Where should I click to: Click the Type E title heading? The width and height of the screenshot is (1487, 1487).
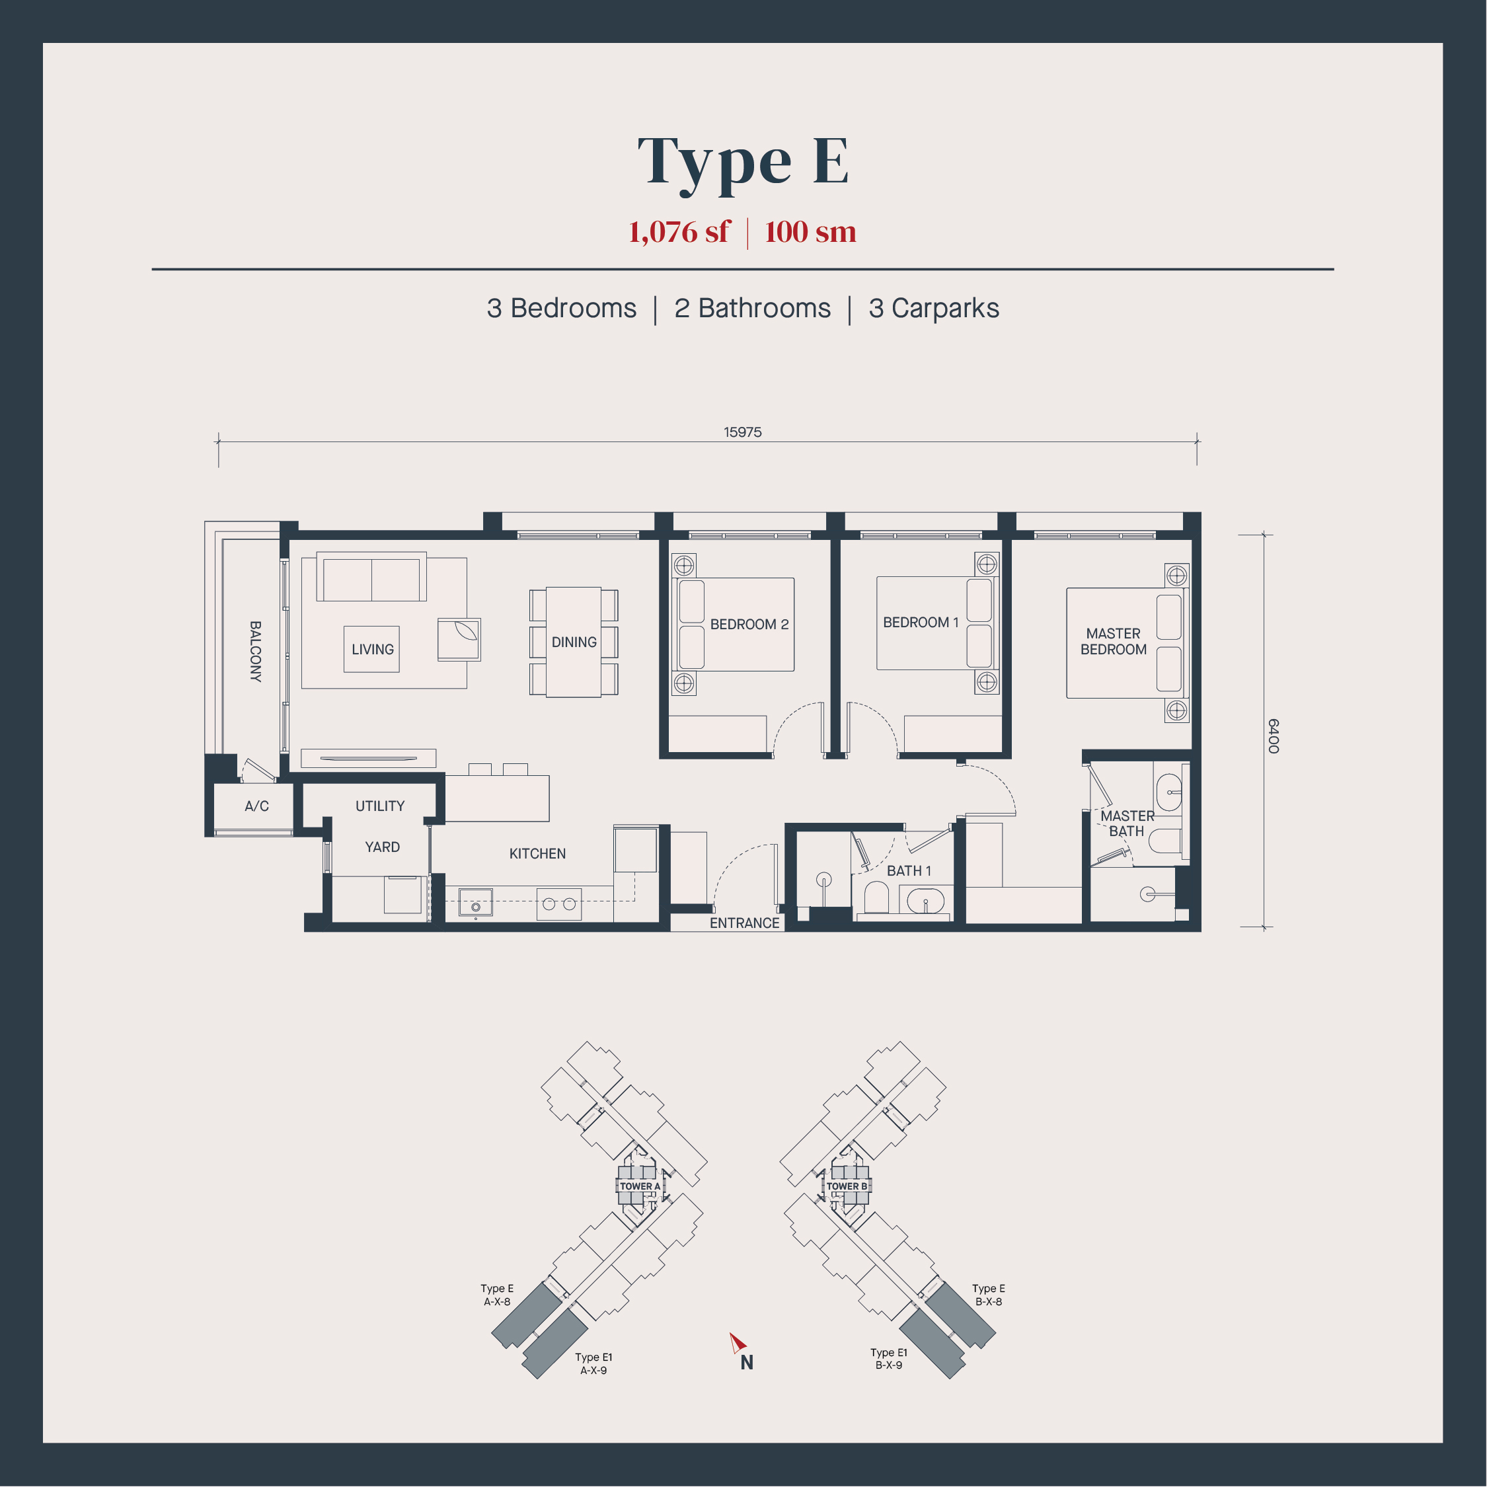coord(743,163)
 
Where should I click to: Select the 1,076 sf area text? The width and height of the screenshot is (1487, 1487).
coord(678,232)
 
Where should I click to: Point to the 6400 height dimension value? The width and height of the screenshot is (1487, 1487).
coord(1273,736)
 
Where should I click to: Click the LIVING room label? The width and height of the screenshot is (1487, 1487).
coord(373,650)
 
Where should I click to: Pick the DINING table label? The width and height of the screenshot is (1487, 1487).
coord(574,642)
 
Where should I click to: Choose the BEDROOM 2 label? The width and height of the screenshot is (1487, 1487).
coord(749,624)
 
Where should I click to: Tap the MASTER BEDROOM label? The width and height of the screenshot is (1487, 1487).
coord(1114,641)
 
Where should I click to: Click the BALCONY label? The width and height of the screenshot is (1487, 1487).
coord(256,651)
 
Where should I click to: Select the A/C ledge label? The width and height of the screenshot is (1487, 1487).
coord(257,806)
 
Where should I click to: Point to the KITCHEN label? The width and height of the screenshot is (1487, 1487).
coord(537,854)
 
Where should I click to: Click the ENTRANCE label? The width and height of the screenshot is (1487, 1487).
coord(744,923)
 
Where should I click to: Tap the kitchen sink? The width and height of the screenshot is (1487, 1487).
coord(476,902)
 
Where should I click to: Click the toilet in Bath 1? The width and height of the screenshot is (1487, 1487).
coord(876,898)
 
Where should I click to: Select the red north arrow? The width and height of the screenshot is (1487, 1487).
coord(738,1343)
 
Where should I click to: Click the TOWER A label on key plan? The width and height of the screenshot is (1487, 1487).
coord(640,1186)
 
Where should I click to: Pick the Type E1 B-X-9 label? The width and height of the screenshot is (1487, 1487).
coord(889,1359)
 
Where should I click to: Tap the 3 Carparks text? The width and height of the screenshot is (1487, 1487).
coord(934,308)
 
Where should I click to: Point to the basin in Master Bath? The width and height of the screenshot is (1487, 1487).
coord(1169,792)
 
